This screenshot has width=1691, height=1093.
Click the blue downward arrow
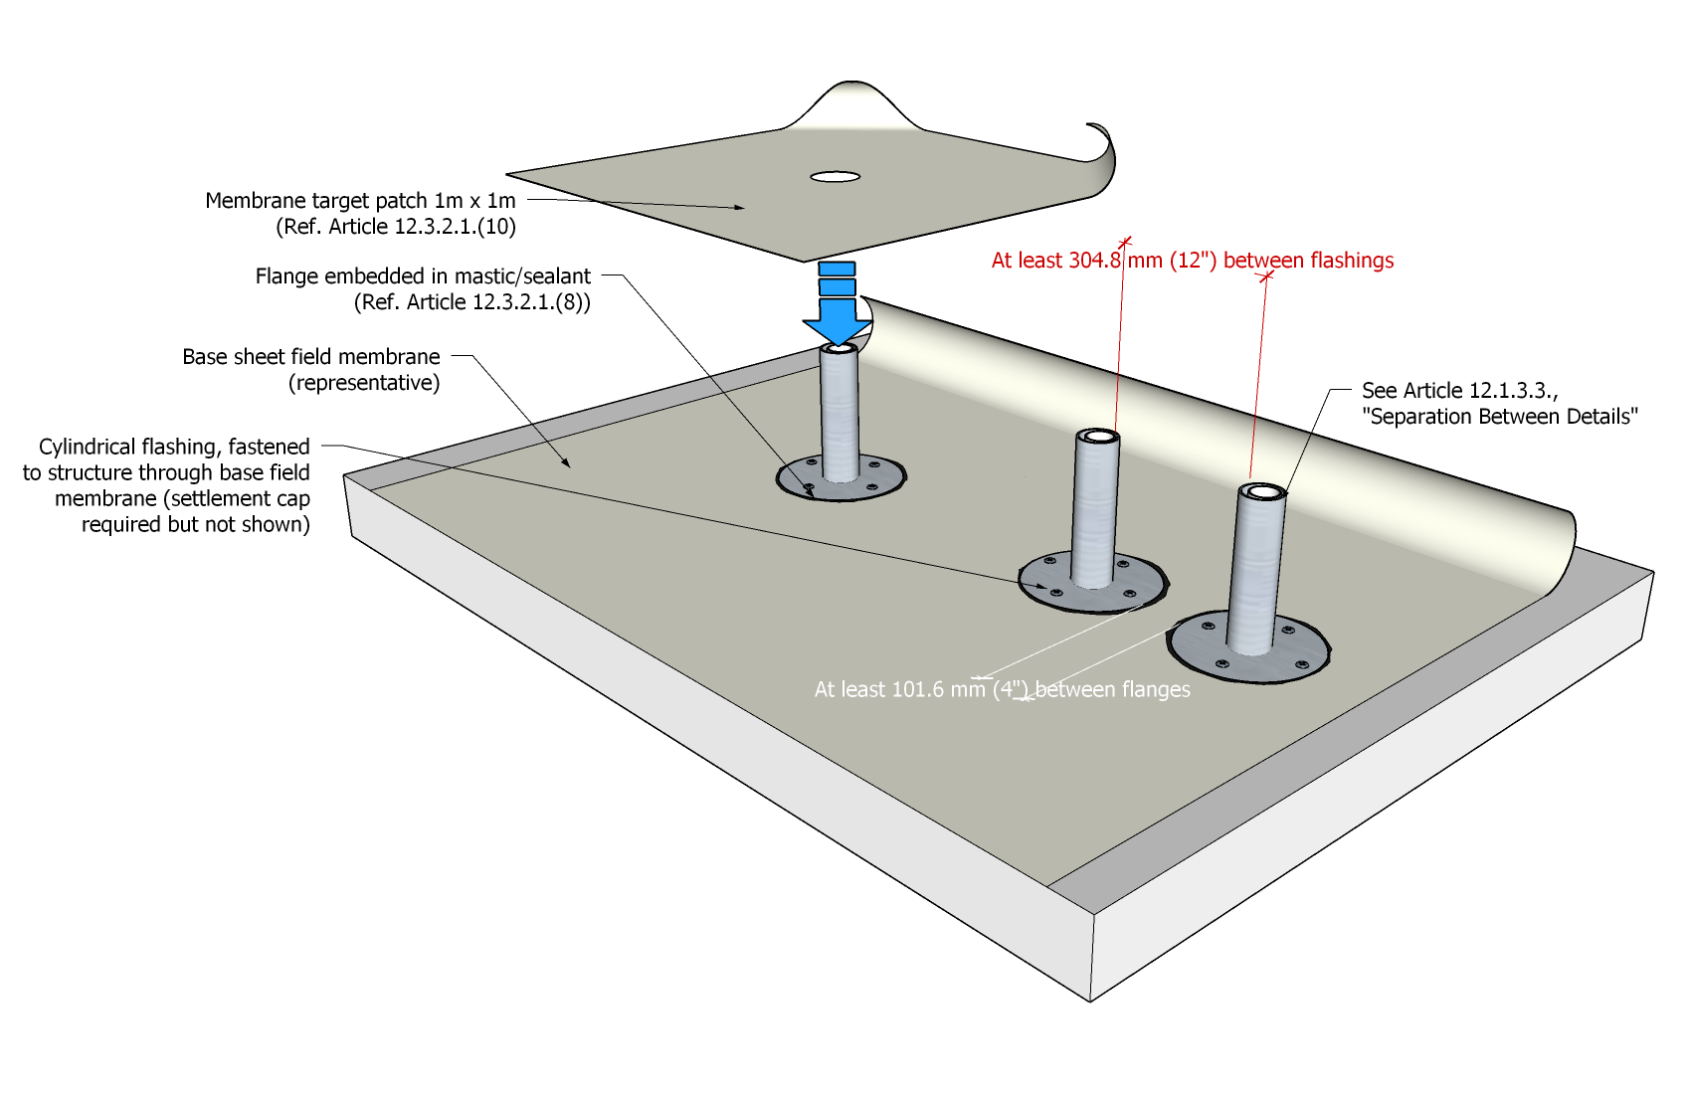tap(837, 308)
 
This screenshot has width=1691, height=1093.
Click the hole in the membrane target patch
tap(835, 177)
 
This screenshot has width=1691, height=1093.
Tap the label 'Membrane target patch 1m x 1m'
tap(360, 201)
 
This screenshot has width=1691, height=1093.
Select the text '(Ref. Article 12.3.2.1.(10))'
tap(395, 227)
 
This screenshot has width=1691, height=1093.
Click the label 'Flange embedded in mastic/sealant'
tap(423, 276)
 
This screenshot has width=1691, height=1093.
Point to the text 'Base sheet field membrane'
tap(310, 357)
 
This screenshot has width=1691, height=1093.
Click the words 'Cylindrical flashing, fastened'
tap(174, 447)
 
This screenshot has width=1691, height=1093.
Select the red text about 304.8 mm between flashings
tap(1192, 261)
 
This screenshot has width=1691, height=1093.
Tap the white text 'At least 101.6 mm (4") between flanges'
tap(1002, 689)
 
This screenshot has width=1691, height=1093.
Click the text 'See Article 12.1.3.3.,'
tap(1459, 391)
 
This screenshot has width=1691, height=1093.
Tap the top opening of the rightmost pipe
tap(1262, 491)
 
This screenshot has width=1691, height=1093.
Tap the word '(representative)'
tap(364, 383)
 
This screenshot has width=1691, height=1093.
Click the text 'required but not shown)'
tap(195, 524)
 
